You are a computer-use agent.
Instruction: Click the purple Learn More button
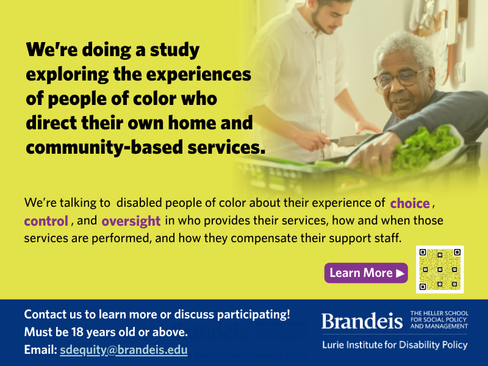click(x=366, y=273)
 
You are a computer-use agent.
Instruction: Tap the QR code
click(x=440, y=270)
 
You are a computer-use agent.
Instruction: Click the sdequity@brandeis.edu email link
click(x=124, y=350)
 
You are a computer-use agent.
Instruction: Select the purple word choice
click(x=410, y=203)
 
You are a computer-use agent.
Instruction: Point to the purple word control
click(x=46, y=221)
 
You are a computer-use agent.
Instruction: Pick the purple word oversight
click(x=131, y=221)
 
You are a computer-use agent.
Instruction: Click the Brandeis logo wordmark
click(x=362, y=321)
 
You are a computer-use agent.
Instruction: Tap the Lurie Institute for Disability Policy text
click(x=395, y=345)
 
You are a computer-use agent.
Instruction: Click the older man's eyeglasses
click(x=400, y=79)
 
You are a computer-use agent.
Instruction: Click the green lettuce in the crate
click(x=425, y=148)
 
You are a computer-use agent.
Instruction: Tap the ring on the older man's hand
click(x=375, y=158)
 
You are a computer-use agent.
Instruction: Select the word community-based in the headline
click(x=104, y=147)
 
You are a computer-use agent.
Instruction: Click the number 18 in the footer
click(x=77, y=332)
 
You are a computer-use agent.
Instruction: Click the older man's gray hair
click(x=404, y=47)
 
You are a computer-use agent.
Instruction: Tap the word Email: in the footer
click(x=40, y=350)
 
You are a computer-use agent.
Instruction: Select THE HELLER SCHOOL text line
click(x=439, y=313)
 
